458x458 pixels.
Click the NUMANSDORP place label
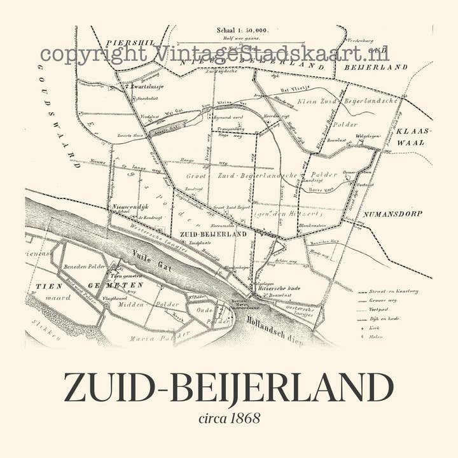pyautogui.click(x=388, y=214)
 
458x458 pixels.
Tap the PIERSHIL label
pyautogui.click(x=130, y=42)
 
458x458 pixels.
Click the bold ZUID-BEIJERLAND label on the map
pyautogui.click(x=214, y=234)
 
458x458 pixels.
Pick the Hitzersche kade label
pyautogui.click(x=279, y=289)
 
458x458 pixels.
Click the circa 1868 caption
pyautogui.click(x=229, y=419)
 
